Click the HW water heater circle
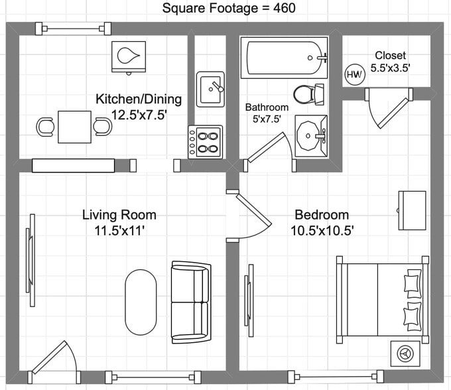point(355,74)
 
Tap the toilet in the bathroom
point(308,94)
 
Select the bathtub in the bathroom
point(284,58)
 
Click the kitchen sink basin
point(210,89)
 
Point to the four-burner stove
point(206,142)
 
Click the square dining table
point(75,127)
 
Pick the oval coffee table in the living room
point(141,302)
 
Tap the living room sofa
point(191,302)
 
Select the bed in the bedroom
point(383,299)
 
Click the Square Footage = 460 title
point(229,8)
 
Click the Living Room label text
point(119,215)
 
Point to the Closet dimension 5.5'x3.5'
point(390,68)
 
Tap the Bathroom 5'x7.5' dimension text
point(267,119)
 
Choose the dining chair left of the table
point(45,127)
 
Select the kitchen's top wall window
point(73,29)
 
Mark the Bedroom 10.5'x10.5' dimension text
point(322,231)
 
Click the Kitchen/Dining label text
point(139,99)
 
